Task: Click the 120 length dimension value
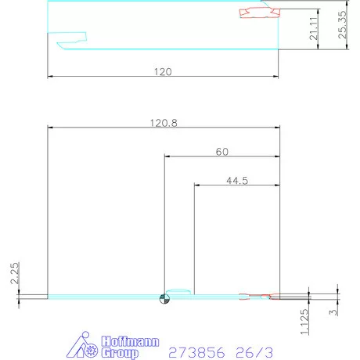pos(162,71)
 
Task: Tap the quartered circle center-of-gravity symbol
pos(164,297)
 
